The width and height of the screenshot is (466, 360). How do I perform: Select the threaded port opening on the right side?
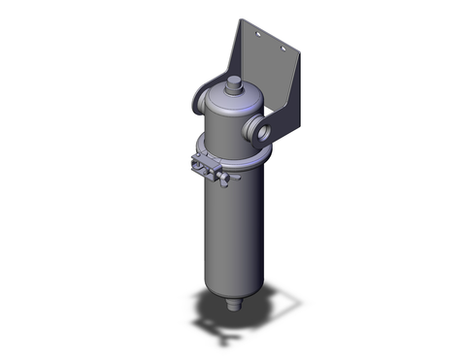pyautogui.click(x=268, y=129)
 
